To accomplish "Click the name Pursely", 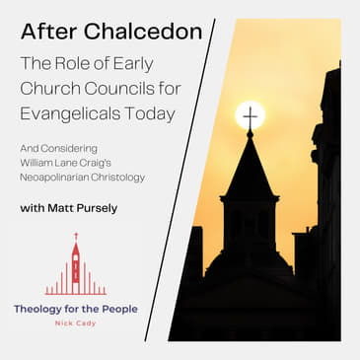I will click(x=109, y=209).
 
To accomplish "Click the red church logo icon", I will click(x=75, y=267).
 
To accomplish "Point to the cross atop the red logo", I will click(x=75, y=237).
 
